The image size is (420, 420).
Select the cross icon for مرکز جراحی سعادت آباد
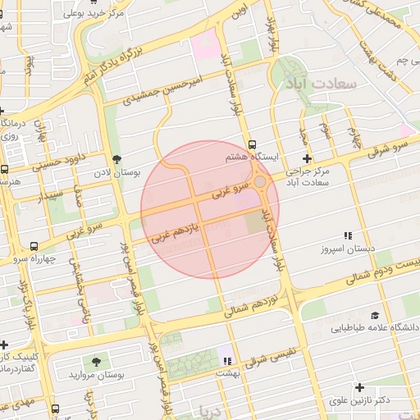[x=307, y=158]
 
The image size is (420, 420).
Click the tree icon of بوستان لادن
[x=116, y=159]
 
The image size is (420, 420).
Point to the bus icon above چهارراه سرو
[x=34, y=245]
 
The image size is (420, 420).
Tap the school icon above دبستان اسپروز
[x=348, y=235]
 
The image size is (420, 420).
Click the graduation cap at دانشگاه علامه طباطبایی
[x=375, y=316]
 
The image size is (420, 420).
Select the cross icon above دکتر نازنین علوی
[x=358, y=387]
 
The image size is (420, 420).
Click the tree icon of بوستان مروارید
[x=98, y=362]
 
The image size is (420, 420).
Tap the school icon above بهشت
[x=226, y=360]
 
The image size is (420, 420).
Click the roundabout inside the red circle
[x=260, y=181]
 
